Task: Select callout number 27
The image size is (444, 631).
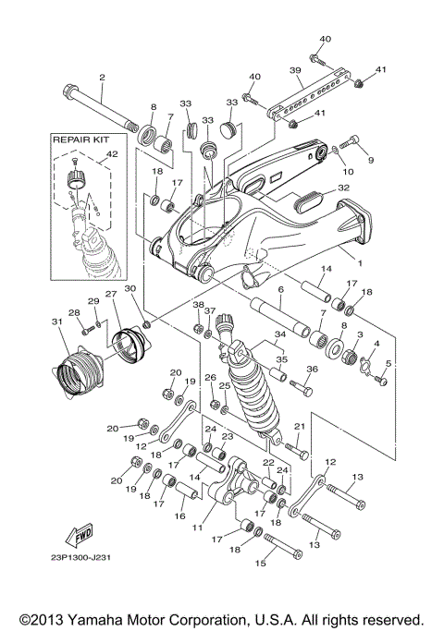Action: tap(111, 295)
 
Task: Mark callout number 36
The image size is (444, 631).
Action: tap(311, 369)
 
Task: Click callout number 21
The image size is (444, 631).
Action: tap(299, 426)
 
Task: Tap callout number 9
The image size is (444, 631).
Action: tap(372, 160)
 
